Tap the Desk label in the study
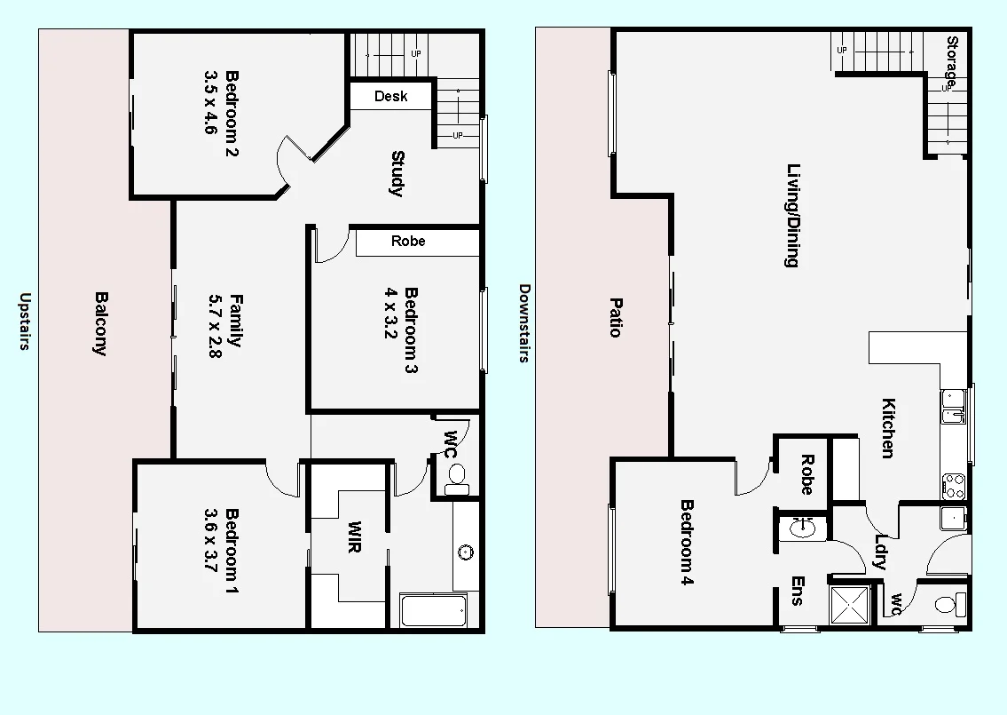pyautogui.click(x=390, y=96)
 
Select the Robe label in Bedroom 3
pyautogui.click(x=408, y=242)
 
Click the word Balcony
pyautogui.click(x=101, y=323)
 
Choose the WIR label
pyautogui.click(x=354, y=536)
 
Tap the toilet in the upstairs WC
pyautogui.click(x=457, y=480)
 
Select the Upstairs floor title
pyautogui.click(x=25, y=322)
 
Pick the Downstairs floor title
pyautogui.click(x=523, y=323)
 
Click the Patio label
pyautogui.click(x=614, y=316)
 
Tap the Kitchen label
pyautogui.click(x=886, y=428)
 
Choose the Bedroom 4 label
pyautogui.click(x=687, y=542)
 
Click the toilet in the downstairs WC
pyautogui.click(x=947, y=605)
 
